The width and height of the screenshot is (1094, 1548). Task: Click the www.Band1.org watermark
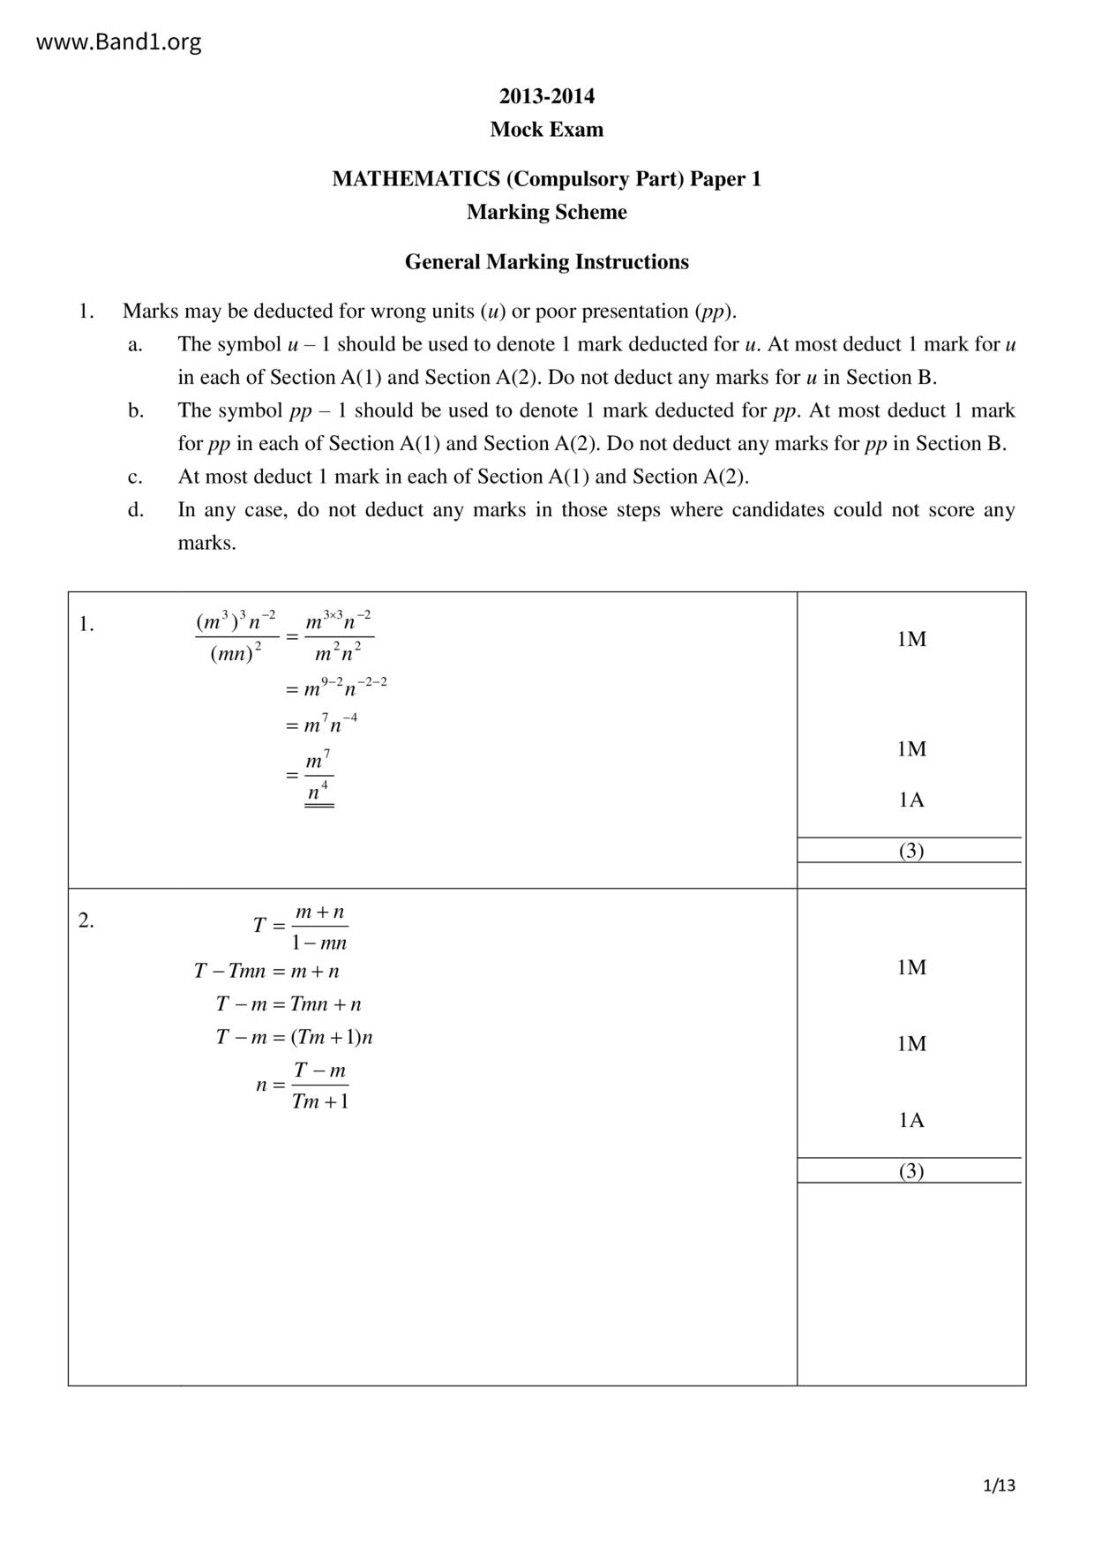[x=118, y=42]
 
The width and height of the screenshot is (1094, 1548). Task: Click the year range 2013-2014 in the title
[x=546, y=96]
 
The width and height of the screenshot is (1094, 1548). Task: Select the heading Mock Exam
[x=546, y=130]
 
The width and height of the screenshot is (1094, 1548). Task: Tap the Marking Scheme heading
[x=546, y=212]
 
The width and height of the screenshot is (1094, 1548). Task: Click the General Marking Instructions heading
[x=546, y=262]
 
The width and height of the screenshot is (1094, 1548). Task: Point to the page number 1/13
[x=999, y=1485]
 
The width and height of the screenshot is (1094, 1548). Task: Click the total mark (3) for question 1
[x=910, y=851]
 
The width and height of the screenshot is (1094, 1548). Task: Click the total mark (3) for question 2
[x=910, y=1171]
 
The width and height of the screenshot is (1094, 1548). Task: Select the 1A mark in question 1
[x=910, y=800]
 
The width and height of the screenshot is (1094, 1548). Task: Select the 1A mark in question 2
[x=910, y=1120]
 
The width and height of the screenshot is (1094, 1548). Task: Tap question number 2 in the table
[x=86, y=921]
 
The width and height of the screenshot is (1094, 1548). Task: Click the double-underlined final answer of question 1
[x=318, y=778]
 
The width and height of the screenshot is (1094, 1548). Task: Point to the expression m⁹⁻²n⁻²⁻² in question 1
[x=344, y=688]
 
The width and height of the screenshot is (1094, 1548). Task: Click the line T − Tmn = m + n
[x=266, y=972]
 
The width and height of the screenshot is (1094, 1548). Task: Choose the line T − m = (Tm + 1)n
[x=294, y=1037]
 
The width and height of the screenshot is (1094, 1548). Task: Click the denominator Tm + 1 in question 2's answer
[x=319, y=1101]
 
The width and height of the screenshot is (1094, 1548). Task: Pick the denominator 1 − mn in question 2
[x=319, y=943]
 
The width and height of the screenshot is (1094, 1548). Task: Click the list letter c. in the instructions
[x=135, y=477]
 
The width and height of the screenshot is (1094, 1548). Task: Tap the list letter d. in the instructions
[x=135, y=510]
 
